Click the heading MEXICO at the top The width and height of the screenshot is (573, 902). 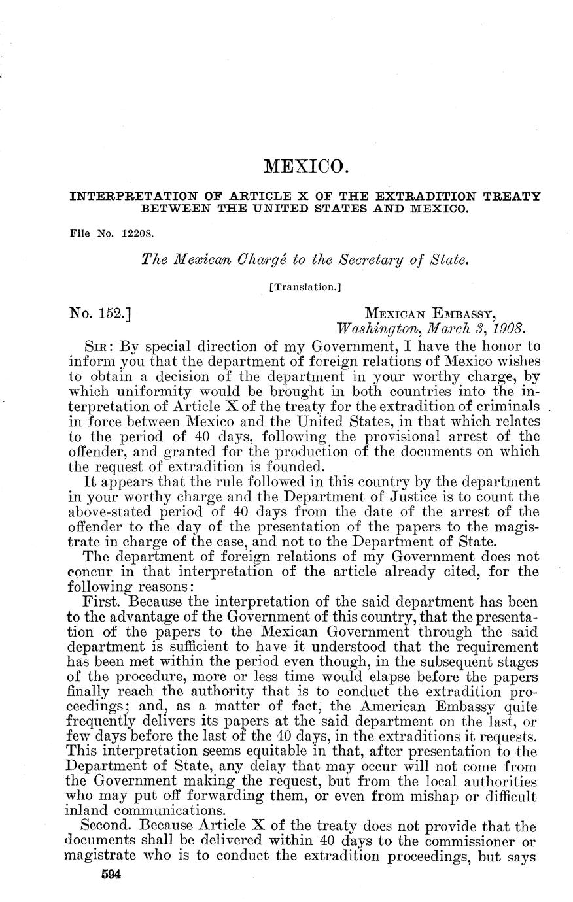[303, 167]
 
